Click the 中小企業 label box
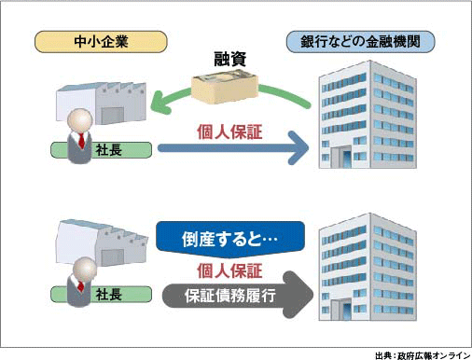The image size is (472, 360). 101,41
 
